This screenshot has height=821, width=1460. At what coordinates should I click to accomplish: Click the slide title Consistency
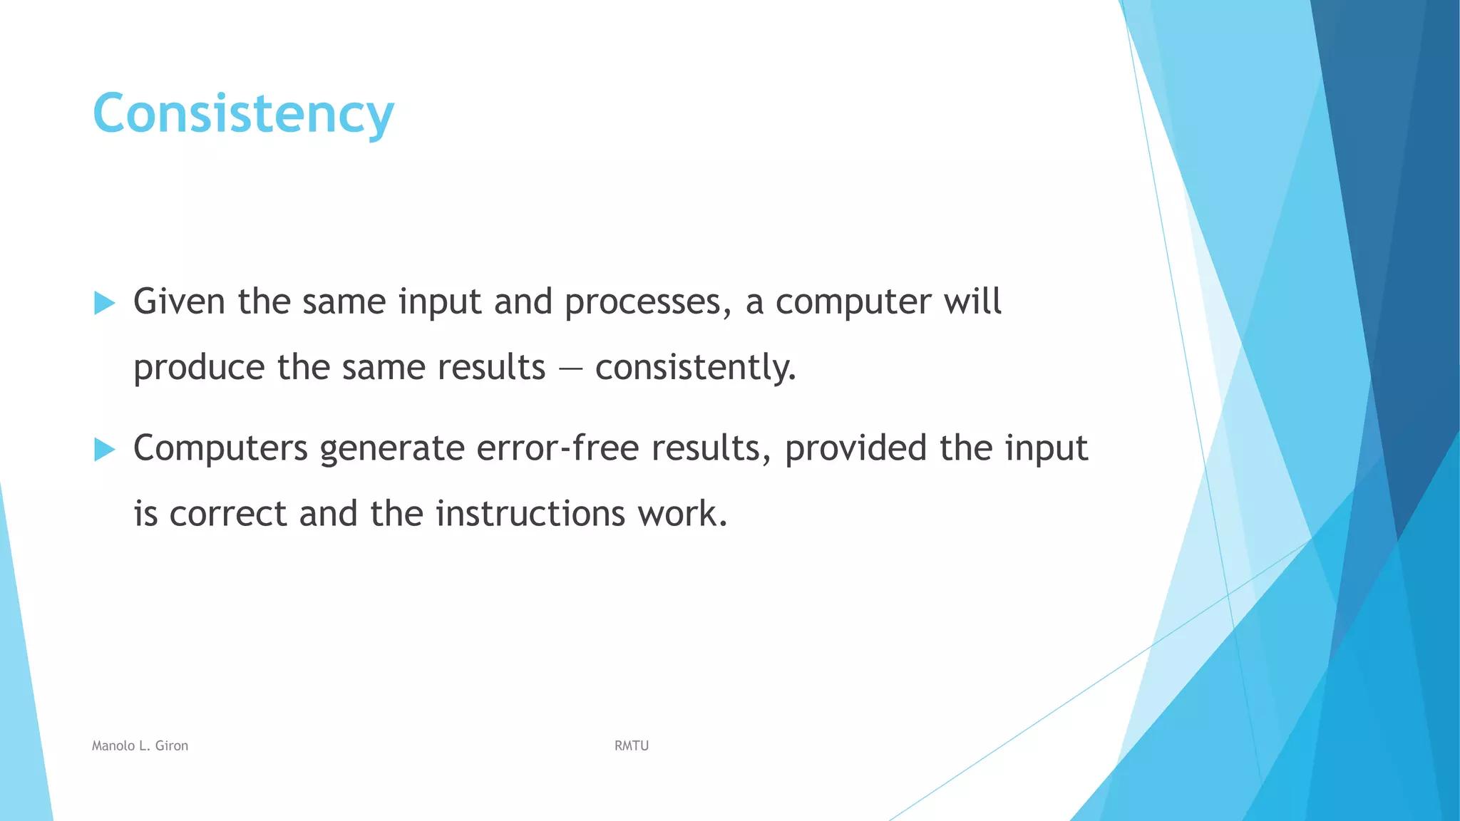243,114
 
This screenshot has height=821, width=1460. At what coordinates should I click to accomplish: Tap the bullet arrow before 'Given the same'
104,303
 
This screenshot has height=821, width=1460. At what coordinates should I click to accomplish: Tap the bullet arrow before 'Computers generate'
104,450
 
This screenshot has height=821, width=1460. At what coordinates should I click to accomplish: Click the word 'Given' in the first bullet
179,301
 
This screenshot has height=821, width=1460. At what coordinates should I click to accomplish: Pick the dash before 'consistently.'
570,369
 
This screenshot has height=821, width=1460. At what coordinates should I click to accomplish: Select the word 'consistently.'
695,368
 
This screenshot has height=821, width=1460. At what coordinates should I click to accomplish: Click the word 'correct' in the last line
227,515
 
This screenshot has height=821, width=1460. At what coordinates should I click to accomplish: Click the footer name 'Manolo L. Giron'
140,745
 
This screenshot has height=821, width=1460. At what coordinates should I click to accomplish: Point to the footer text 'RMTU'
632,745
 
